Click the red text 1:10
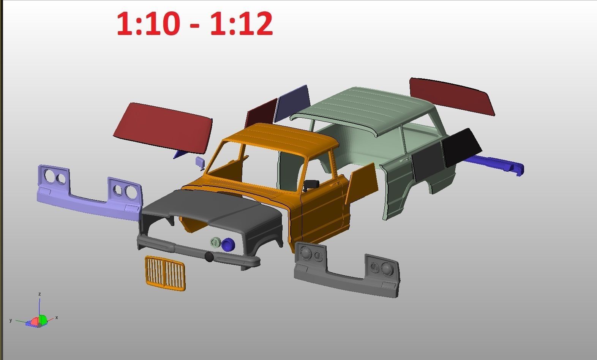point(148,24)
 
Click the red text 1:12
point(241,24)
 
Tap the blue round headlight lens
point(228,245)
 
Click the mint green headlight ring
point(215,243)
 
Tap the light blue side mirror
point(200,162)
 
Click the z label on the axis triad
point(39,294)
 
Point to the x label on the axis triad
point(57,317)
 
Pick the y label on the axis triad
point(11,320)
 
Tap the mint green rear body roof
point(365,108)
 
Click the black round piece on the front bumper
point(209,257)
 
